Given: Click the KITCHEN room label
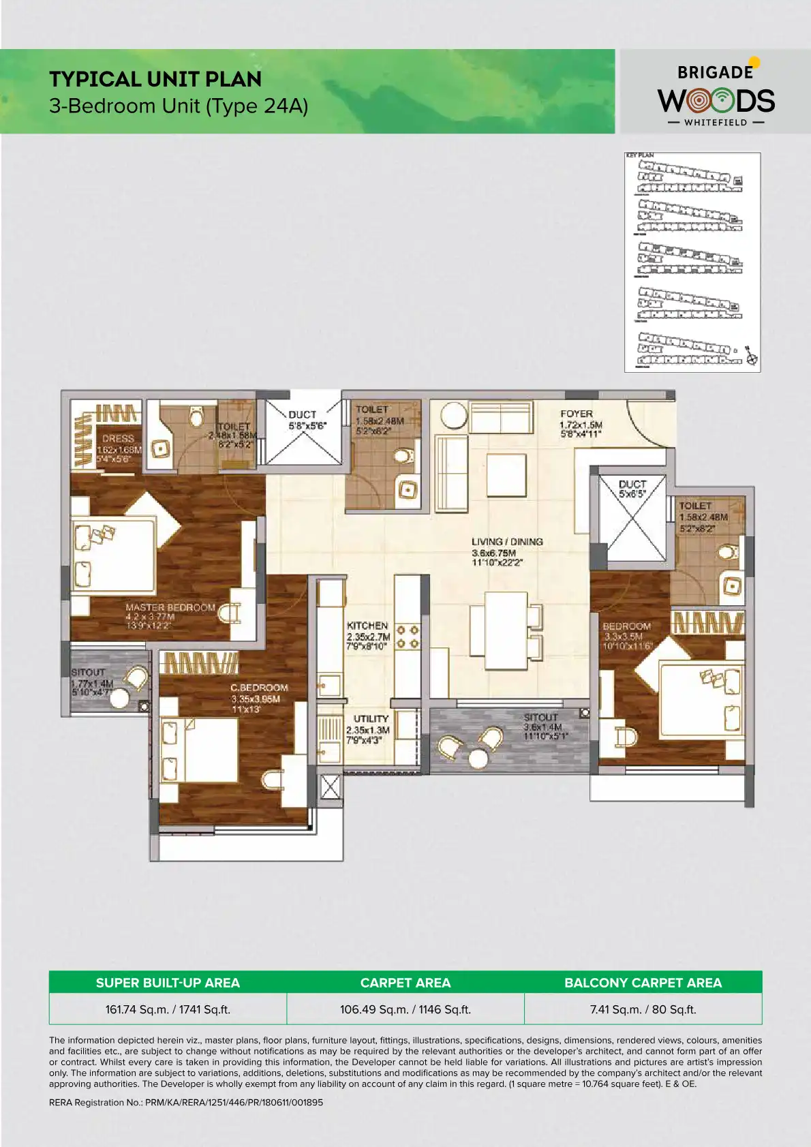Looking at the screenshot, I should coord(367,626).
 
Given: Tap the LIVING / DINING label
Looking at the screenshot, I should coord(507,542).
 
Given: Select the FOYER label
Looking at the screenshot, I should coord(577,414).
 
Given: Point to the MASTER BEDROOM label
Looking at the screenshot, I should coord(170,607).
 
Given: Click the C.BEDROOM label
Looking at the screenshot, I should coord(259,688).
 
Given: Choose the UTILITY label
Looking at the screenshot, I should coord(371,719).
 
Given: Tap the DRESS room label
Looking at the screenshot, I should coord(118,438).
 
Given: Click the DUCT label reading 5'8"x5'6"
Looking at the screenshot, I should coord(302,414).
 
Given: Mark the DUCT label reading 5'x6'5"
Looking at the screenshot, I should coord(632,485).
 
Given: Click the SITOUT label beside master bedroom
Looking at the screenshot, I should coord(88,672).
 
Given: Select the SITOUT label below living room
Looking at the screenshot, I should coord(540,718).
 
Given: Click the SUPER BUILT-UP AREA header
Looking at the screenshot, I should coord(168,983).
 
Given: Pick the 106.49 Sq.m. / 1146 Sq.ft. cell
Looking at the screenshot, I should coord(405,1009).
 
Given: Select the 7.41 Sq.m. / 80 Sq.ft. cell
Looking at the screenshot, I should coord(643,1009).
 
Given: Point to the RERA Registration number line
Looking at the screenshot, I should coord(186,1102).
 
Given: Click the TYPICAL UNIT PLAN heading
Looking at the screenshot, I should coord(155,79).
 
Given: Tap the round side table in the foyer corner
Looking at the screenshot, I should coord(453,415).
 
